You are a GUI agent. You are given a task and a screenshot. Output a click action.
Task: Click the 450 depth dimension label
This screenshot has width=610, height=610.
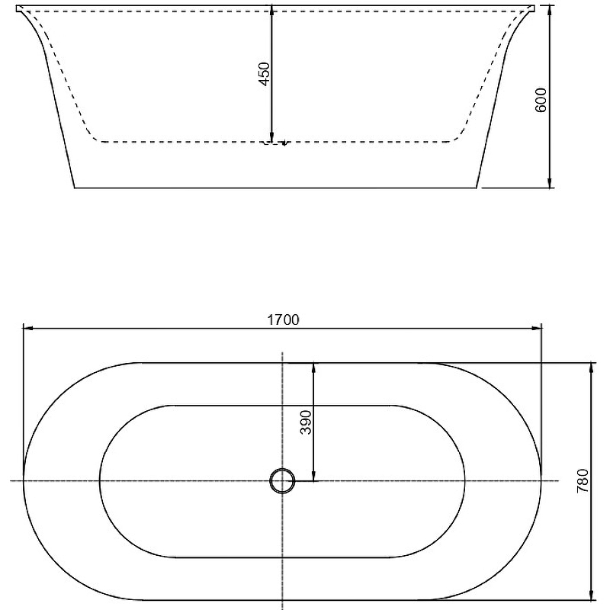point(265,74)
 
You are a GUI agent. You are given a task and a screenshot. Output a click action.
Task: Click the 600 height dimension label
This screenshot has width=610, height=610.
point(541,100)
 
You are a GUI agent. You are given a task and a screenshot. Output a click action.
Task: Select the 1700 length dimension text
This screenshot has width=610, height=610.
point(283,319)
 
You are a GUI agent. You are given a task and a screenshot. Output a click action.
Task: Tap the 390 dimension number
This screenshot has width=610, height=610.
point(307,422)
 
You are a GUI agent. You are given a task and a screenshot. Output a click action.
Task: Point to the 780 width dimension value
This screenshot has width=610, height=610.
point(583,481)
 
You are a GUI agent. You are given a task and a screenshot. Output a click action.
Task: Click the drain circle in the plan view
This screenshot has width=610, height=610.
point(282,481)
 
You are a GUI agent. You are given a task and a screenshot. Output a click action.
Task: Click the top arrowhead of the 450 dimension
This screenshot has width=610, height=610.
point(271,11)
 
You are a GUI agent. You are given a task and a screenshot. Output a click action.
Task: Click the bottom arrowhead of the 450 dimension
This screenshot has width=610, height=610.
point(271,137)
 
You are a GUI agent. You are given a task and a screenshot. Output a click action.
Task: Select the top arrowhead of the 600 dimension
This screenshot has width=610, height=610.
point(549,11)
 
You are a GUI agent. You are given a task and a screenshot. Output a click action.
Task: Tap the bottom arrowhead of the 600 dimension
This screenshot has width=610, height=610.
point(549,182)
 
